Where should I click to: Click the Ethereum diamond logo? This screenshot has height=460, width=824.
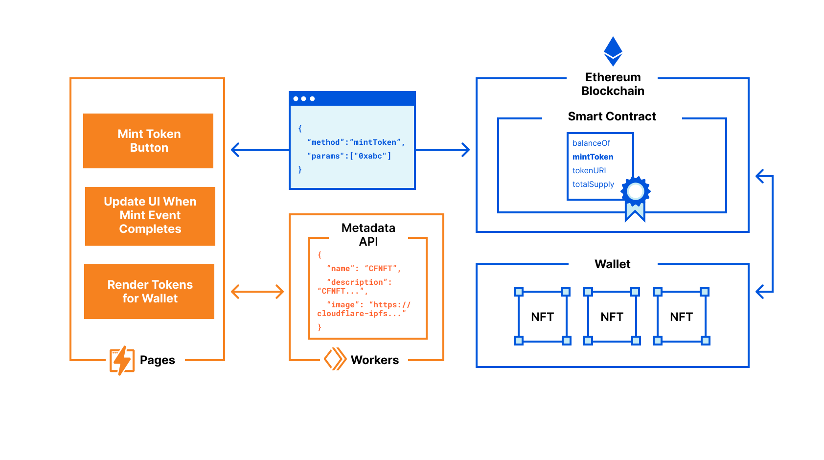coord(613,51)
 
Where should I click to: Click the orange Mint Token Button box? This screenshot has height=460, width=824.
coord(148,141)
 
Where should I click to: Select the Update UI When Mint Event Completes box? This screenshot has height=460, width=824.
coord(150,216)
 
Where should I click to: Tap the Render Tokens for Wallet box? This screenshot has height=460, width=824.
coord(149,292)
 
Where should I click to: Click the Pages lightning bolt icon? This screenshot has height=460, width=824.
coord(122,361)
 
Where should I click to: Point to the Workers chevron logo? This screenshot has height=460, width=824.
coord(335,359)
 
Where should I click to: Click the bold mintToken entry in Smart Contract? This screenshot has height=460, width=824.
coord(593,157)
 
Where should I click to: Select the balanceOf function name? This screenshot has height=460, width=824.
coord(591,143)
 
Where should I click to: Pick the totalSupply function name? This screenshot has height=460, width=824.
coord(593,184)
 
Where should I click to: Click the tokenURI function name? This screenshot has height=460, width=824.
coord(589,170)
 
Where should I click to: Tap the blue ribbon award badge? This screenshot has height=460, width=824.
coord(635,196)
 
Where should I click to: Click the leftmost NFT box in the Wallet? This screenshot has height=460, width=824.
coord(542,317)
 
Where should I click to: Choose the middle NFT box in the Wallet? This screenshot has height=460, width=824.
coord(612,317)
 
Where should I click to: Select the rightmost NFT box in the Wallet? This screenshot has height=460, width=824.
coord(681,317)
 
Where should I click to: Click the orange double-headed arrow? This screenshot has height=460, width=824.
coord(257,292)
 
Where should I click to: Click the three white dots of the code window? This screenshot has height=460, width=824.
coord(303,99)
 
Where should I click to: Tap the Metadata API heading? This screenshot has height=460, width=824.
coord(368,234)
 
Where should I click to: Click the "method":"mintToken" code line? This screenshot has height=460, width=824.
coord(356,142)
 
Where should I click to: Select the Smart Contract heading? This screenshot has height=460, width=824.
coord(612,116)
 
